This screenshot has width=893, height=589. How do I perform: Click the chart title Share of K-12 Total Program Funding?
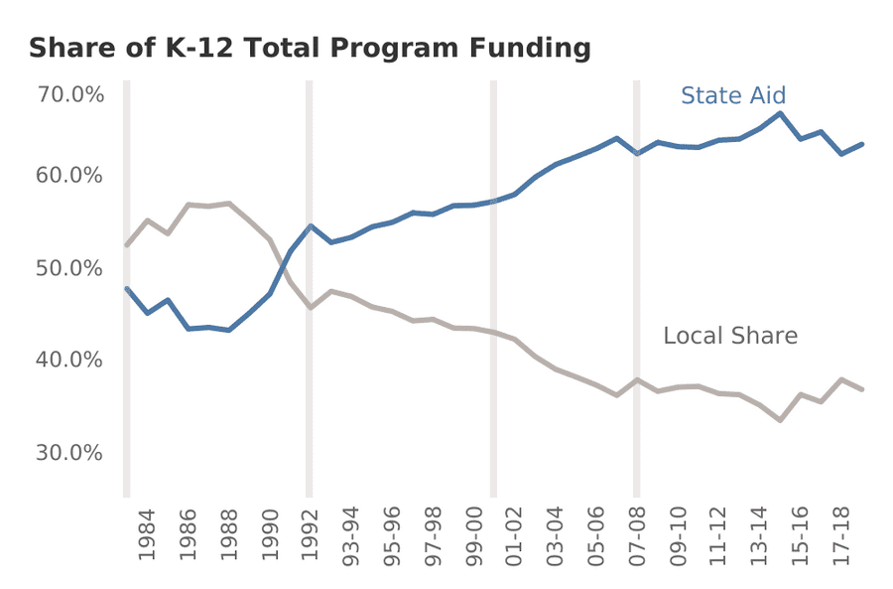tap(309, 48)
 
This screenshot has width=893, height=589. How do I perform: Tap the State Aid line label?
tap(733, 95)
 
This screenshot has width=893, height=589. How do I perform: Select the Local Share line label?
tap(729, 336)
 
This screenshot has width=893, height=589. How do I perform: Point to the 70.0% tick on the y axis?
tap(70, 94)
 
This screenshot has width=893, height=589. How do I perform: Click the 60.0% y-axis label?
tap(70, 176)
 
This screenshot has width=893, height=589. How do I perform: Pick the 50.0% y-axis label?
tap(70, 268)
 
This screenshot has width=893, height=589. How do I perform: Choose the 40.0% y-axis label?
tap(70, 359)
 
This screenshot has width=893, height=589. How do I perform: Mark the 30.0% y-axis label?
tap(70, 452)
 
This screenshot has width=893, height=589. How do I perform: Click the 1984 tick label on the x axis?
tap(147, 537)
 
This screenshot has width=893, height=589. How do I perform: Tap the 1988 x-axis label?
tap(229, 537)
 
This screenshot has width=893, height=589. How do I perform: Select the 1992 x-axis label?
tap(311, 537)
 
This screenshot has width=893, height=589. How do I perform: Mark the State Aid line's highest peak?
tap(781, 113)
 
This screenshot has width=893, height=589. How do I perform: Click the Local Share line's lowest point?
tap(781, 420)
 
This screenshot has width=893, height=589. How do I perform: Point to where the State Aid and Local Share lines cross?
tap(281, 265)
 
